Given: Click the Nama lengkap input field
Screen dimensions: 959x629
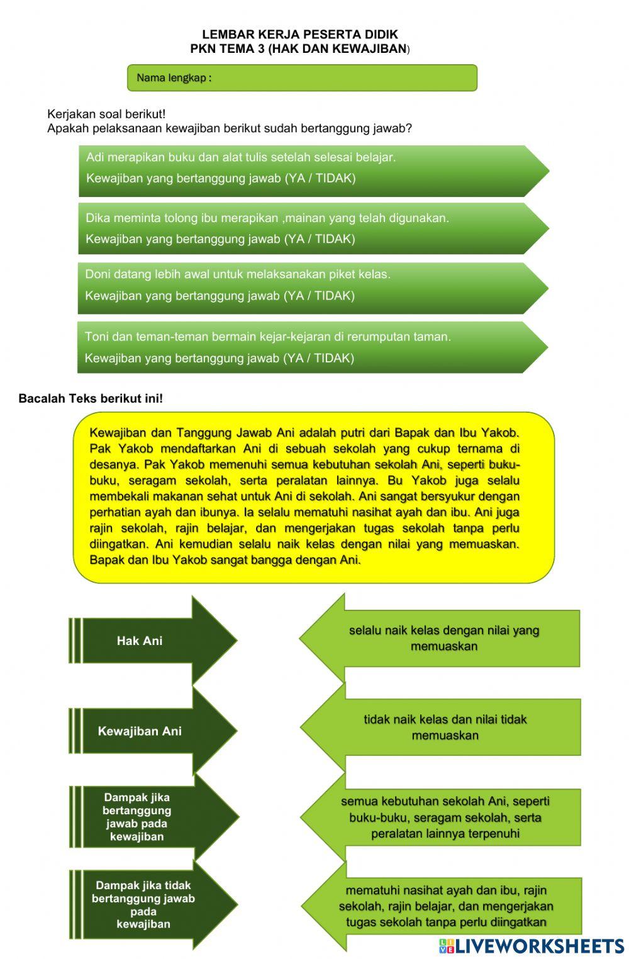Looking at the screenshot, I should point(340,78).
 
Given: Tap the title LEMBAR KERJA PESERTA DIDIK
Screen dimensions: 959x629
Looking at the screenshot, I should point(299,34).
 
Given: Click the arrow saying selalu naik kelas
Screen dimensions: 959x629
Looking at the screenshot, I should point(443,638).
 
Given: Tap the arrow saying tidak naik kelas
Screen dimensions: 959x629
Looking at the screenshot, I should point(445,727).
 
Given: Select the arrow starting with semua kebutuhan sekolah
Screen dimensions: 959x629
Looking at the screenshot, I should point(445,817).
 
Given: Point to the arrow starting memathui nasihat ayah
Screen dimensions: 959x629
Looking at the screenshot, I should point(445,906).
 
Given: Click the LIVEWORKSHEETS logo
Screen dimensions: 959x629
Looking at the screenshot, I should point(532,946).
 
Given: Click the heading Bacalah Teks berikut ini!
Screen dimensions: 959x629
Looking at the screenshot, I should point(91,398).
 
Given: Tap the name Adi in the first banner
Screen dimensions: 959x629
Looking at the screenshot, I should point(94,157).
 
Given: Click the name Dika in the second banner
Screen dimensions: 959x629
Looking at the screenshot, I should point(97,218).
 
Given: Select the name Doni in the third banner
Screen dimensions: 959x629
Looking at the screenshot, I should point(97,274).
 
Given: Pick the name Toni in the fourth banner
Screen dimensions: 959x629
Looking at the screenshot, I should point(96,337).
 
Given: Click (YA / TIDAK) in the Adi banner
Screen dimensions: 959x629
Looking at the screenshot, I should point(320,178).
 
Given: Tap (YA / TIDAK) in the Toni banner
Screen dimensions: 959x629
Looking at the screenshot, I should point(319,358).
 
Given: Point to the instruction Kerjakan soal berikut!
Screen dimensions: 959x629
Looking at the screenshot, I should point(106,114).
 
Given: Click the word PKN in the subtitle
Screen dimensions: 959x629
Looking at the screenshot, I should point(203,48).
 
